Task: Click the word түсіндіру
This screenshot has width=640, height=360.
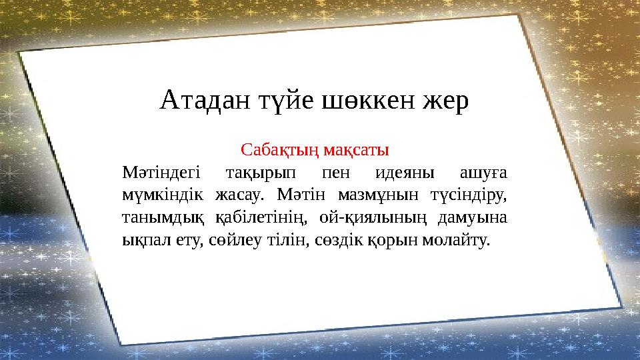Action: click(467, 196)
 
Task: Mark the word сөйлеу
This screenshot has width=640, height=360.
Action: click(236, 240)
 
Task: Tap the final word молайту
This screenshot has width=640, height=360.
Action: click(457, 240)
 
